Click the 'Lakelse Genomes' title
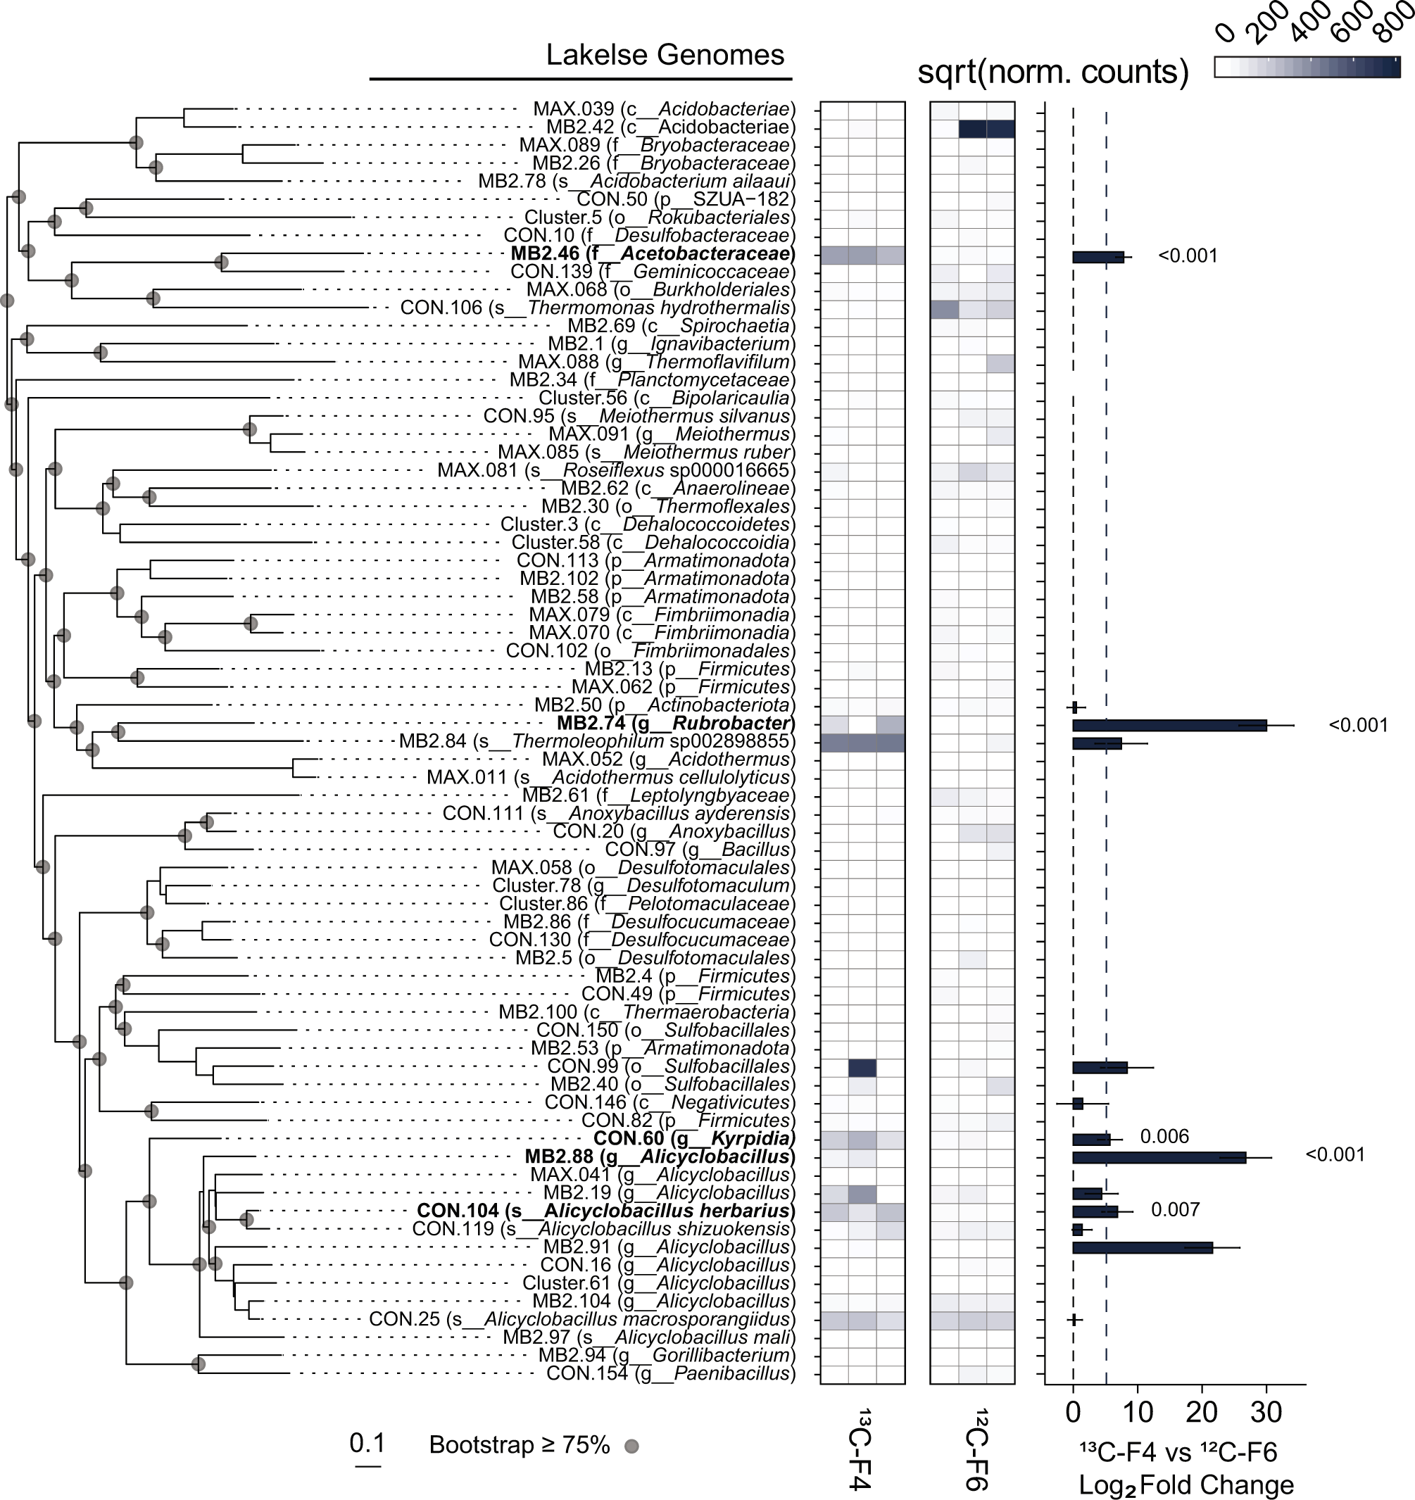pos(665,55)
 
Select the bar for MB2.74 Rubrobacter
pos(1169,725)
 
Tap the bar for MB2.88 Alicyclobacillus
pos(1159,1157)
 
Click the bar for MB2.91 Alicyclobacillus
pos(1142,1248)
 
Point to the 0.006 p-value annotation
pos(1164,1137)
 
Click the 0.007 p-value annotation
pos(1175,1210)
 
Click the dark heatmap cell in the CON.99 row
pos(862,1067)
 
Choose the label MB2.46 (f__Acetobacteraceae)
pos(653,254)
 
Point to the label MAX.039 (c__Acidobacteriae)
pos(664,109)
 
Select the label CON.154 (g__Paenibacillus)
pos(670,1373)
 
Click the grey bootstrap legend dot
pos(631,1447)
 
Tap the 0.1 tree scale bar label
pos(367,1444)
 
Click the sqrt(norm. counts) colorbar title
pos(1052,72)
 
